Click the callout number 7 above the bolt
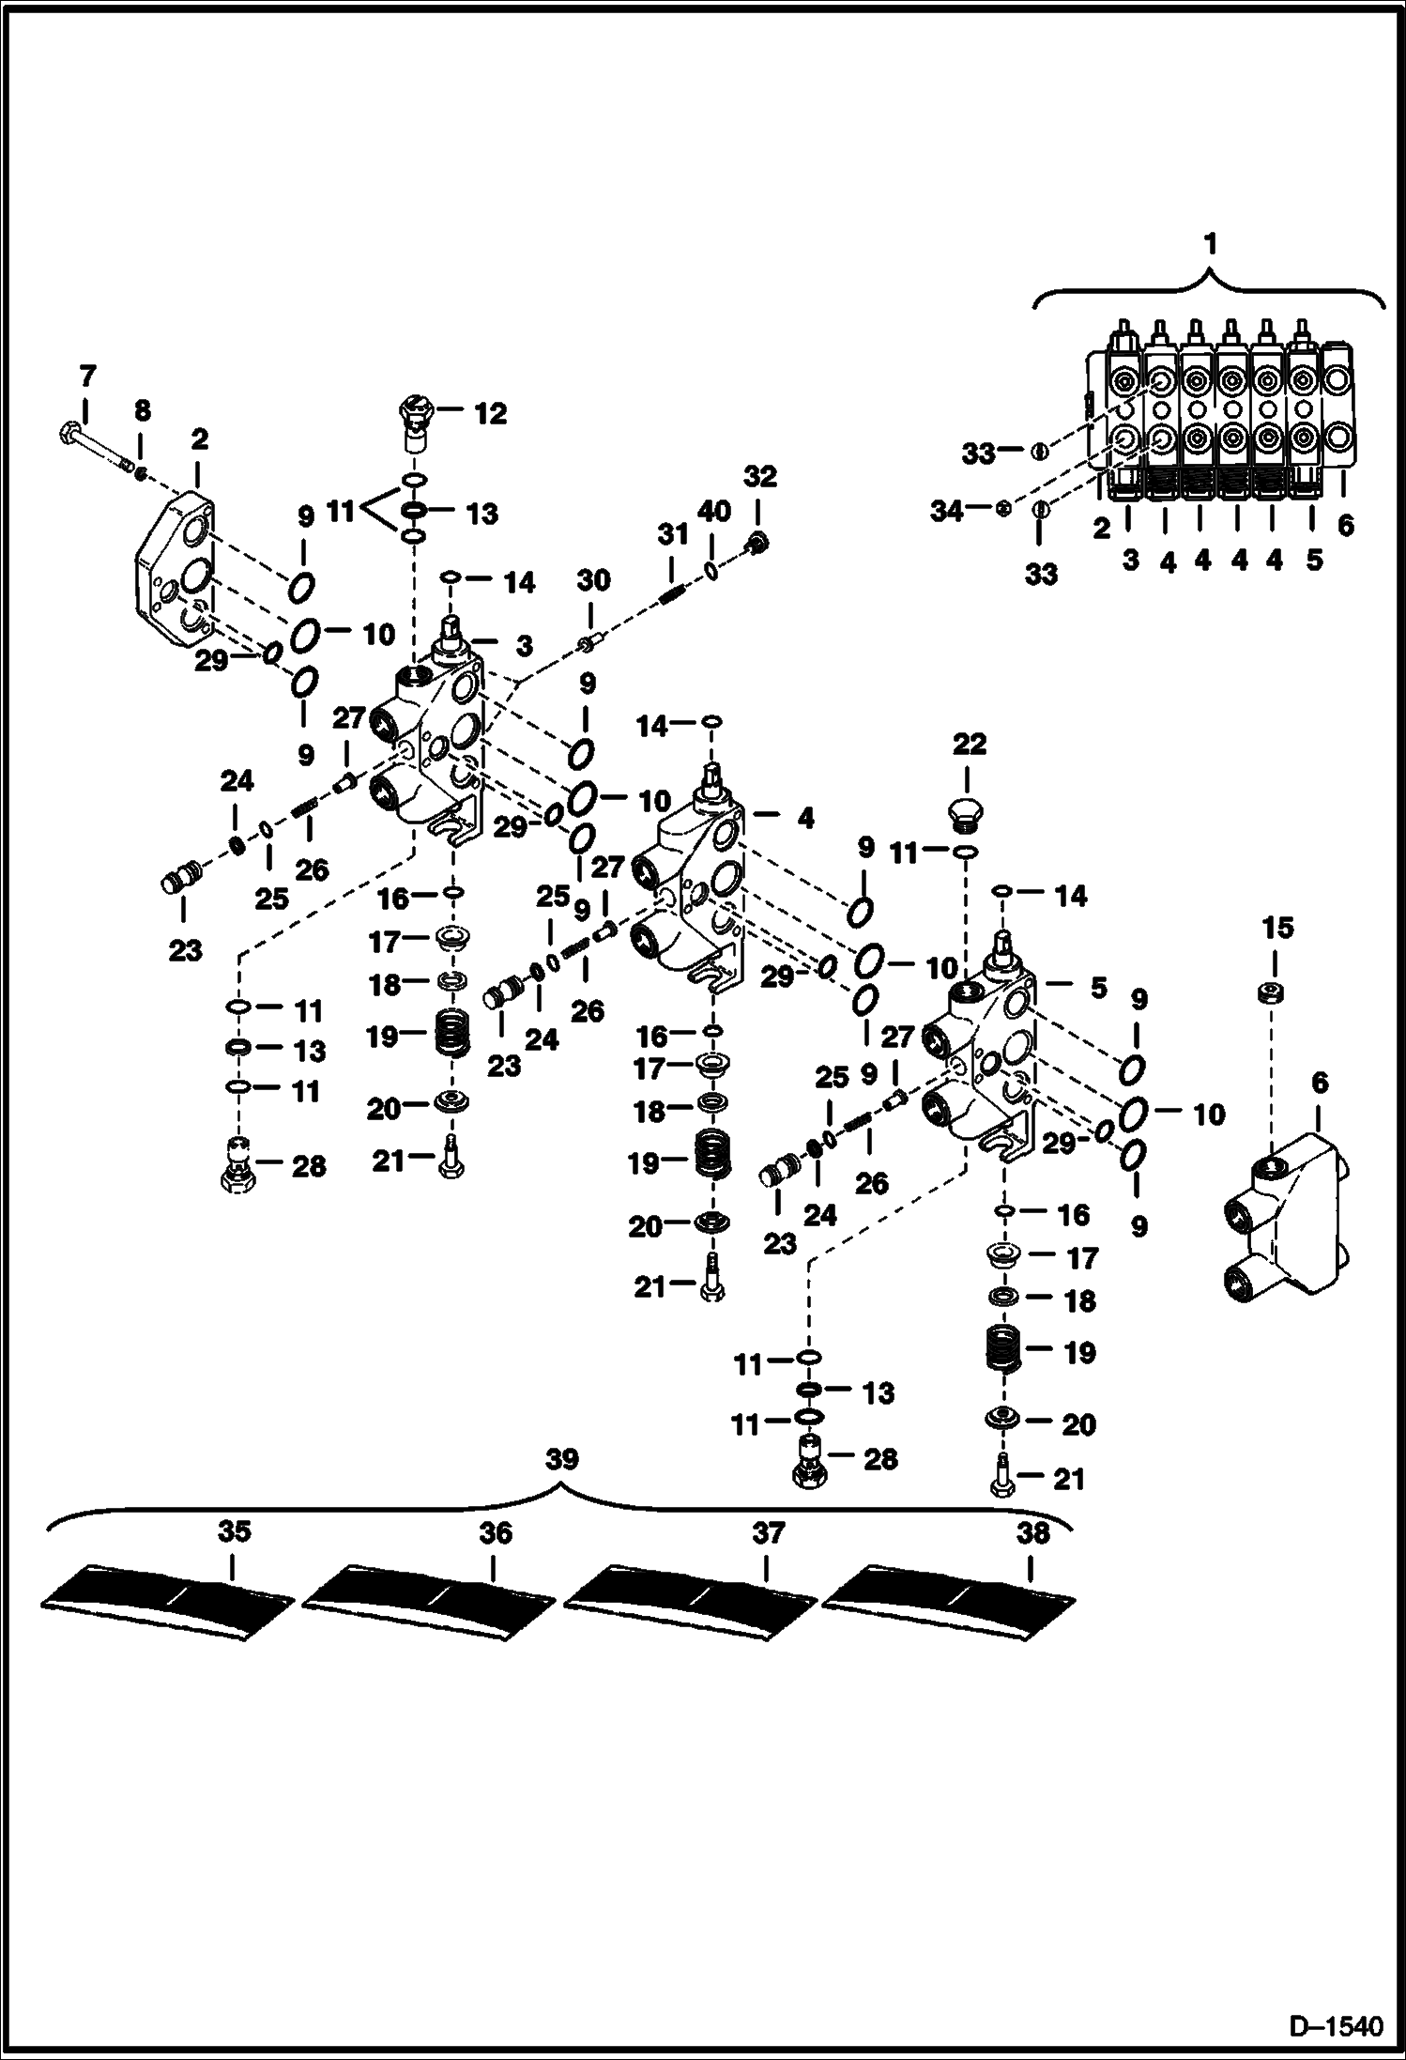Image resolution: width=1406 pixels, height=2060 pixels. (86, 377)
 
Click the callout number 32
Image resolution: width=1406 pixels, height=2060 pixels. (760, 477)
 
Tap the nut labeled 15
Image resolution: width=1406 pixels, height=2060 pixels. (1271, 992)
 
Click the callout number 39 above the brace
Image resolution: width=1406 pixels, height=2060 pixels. (561, 1459)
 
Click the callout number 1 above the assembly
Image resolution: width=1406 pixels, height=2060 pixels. (1211, 244)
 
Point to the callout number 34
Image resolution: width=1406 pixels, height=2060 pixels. (947, 512)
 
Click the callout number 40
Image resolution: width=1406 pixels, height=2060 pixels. (714, 512)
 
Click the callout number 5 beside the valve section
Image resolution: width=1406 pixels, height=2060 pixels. (1097, 988)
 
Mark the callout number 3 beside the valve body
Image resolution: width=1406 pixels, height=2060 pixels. (524, 646)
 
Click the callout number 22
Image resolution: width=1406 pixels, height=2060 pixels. (970, 745)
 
